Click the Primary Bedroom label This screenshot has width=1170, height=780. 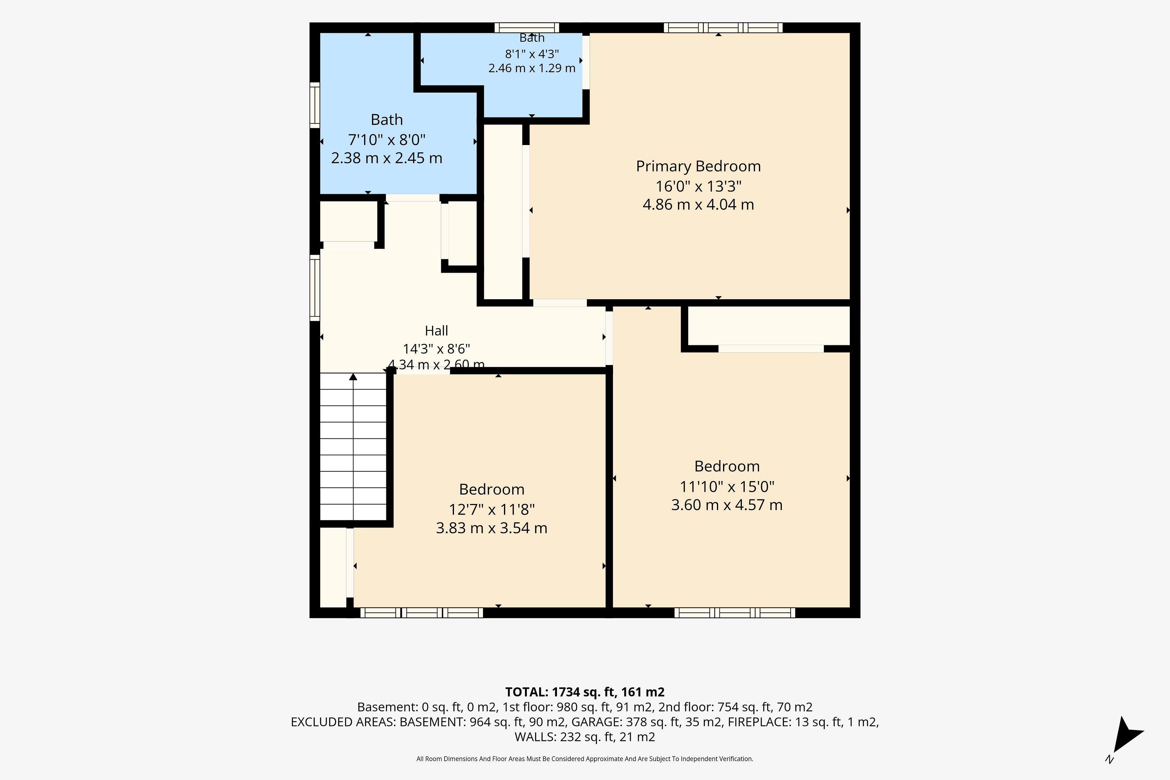tap(698, 166)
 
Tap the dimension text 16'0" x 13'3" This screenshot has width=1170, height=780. tap(698, 186)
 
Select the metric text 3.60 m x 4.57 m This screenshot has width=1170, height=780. tap(727, 505)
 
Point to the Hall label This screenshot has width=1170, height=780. tap(436, 331)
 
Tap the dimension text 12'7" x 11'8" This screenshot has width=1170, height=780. tap(491, 509)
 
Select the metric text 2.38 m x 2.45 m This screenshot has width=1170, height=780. tap(387, 158)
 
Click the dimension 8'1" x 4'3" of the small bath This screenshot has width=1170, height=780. tap(532, 54)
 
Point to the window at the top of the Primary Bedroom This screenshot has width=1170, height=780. tap(723, 28)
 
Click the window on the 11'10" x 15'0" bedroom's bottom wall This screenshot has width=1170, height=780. tap(735, 613)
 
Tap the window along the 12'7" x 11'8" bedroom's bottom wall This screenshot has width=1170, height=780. tap(421, 613)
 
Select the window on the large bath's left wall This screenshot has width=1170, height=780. tap(315, 105)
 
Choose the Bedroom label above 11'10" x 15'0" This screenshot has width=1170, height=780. tap(727, 466)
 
